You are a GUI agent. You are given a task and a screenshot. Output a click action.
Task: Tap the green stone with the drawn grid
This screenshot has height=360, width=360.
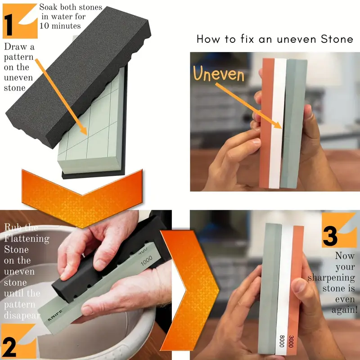tap(90, 135)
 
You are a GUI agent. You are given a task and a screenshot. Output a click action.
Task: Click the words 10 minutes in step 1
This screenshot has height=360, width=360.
tap(61, 26)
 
